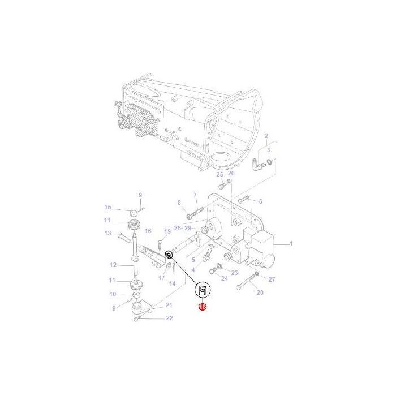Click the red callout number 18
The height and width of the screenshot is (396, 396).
pos(203,307)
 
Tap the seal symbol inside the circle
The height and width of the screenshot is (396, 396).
pos(203,291)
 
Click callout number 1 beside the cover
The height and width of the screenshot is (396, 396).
pos(291,244)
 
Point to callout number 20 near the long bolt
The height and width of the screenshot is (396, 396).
pos(260,292)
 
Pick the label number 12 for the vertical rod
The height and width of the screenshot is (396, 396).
pos(113,265)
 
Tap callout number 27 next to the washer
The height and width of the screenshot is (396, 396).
pos(272,279)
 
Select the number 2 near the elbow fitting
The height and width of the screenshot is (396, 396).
pos(266,136)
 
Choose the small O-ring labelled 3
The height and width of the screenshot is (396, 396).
pos(272,163)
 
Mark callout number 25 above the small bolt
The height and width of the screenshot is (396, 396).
pos(220,175)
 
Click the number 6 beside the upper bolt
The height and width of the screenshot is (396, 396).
pos(260,201)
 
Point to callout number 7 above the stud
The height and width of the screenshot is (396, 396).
pos(195,195)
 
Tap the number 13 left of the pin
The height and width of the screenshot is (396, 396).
pos(107,233)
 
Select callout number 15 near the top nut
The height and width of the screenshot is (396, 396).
pos(107,207)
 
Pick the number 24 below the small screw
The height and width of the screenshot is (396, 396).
pos(225,278)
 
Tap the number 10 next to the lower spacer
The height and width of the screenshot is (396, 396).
pos(113,294)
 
